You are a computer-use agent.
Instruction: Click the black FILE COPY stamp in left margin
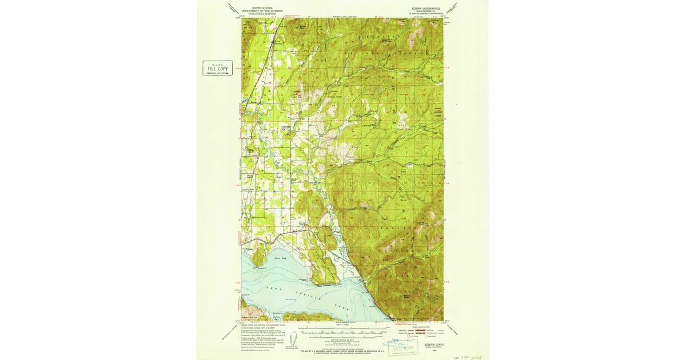point(217,69)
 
